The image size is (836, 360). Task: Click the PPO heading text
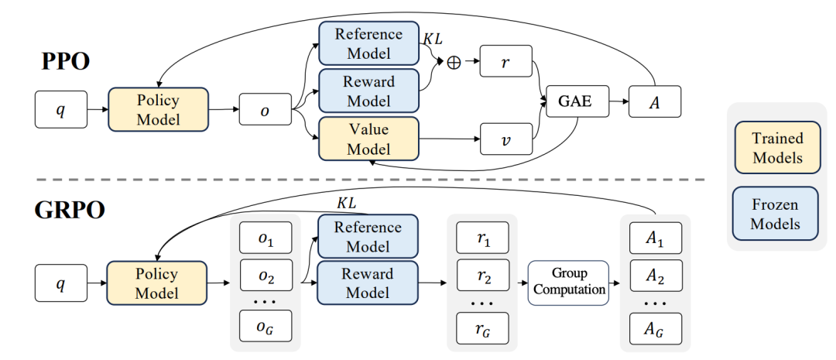66,61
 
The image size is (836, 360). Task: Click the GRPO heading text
70,210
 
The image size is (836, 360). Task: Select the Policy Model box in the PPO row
158,109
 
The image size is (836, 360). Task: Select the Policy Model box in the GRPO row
158,283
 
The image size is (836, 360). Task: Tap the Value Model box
368,139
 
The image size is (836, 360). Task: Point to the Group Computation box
568,282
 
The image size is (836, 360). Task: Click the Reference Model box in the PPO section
368,43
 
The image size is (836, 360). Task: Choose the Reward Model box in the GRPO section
368,283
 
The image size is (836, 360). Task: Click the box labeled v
505,139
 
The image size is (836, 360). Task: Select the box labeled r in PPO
505,62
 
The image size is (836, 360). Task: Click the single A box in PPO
655,101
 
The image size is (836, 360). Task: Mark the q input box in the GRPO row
60,283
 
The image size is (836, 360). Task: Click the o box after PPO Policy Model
265,110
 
